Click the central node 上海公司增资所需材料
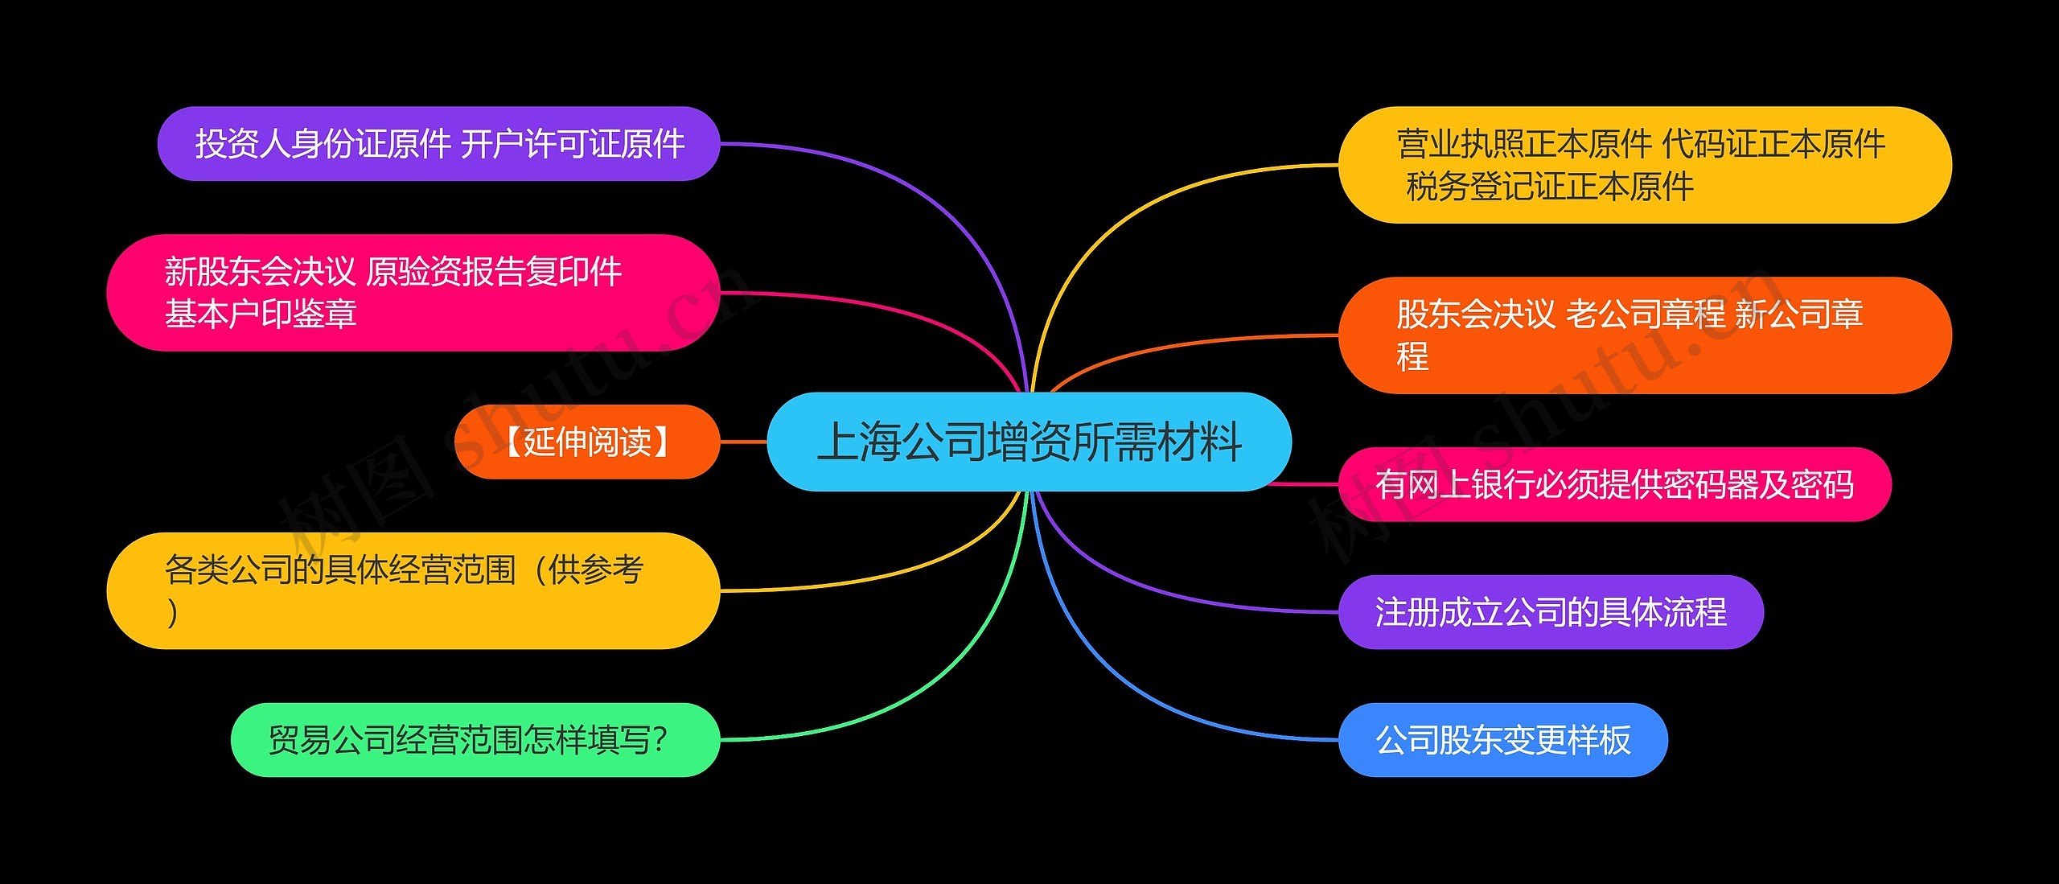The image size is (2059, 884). (x=1029, y=442)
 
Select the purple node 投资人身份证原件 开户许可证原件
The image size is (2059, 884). (x=438, y=144)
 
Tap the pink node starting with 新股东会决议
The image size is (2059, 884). (x=412, y=293)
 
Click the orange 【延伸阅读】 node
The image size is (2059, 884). (x=586, y=442)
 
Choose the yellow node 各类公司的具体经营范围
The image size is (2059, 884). (x=412, y=590)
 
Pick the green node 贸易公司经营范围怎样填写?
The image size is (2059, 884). (x=475, y=740)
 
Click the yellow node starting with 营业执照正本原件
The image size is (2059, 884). (x=1645, y=165)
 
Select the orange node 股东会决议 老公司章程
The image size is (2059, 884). (x=1645, y=335)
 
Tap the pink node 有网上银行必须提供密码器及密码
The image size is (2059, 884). (x=1614, y=484)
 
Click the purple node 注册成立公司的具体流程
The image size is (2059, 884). (x=1550, y=612)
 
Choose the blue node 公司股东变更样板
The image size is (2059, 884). (x=1502, y=740)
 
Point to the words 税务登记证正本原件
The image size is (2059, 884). (x=1549, y=187)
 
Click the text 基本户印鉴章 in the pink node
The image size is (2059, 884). (x=261, y=314)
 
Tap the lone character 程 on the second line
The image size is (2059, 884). (x=1412, y=356)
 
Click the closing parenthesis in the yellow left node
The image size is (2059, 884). (x=172, y=612)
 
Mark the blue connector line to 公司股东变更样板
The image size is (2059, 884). (x=1126, y=684)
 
